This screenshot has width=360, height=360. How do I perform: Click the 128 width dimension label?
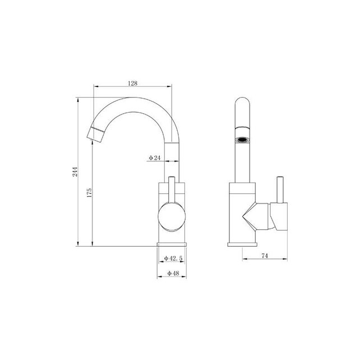click(132, 82)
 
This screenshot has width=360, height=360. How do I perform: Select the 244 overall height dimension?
click(75, 173)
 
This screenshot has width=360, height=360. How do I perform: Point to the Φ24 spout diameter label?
click(155, 159)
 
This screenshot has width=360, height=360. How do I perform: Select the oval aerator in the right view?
click(243, 138)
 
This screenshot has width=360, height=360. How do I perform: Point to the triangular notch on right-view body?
click(248, 216)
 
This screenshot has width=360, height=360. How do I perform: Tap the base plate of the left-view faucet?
click(172, 243)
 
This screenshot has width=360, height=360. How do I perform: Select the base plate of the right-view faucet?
click(242, 243)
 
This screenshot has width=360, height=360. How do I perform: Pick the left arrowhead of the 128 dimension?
click(94, 87)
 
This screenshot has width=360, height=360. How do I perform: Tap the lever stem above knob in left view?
click(172, 191)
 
